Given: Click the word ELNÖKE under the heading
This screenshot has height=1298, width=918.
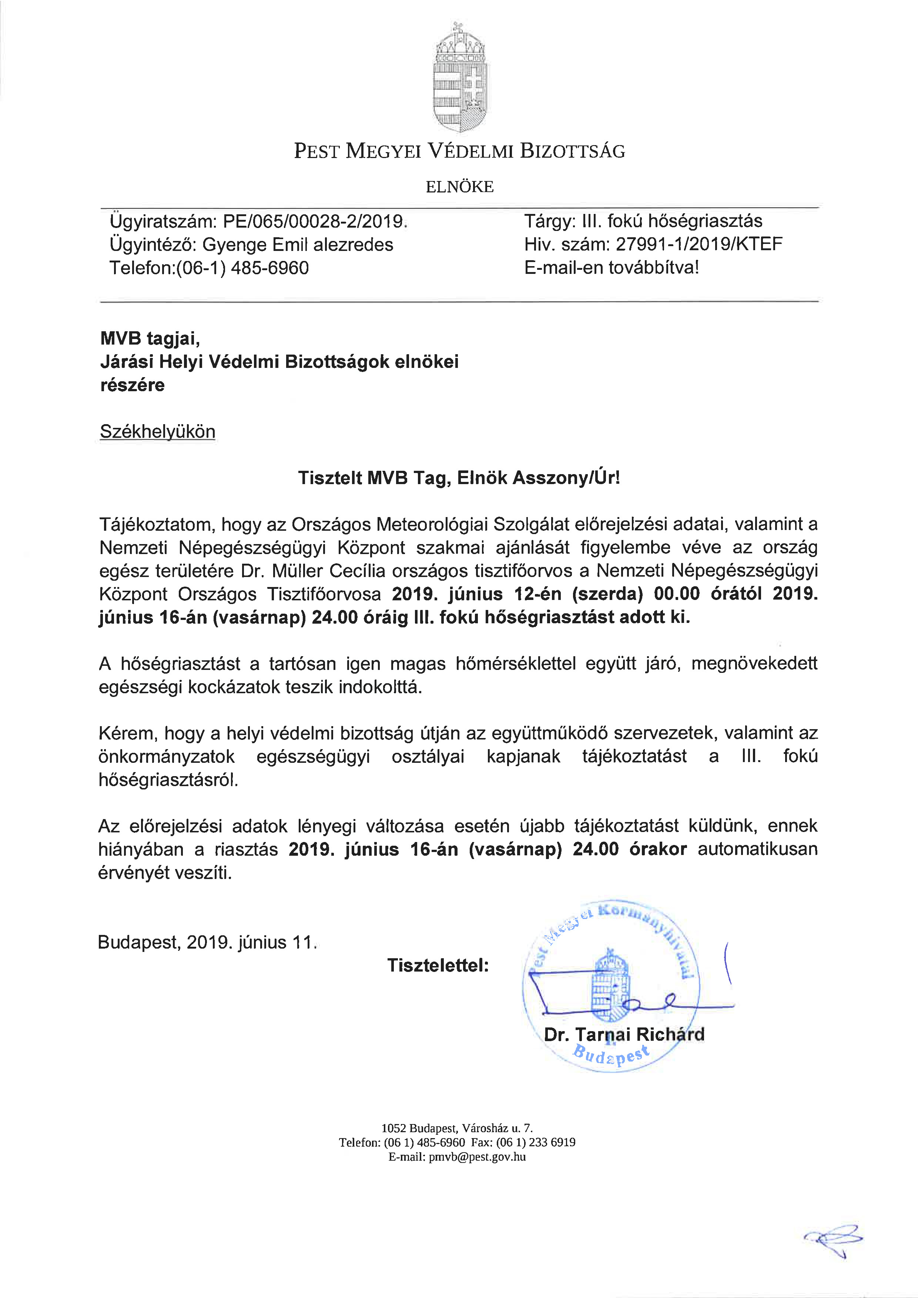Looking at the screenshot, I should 460,187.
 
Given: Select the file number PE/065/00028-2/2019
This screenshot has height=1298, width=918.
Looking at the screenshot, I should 314,221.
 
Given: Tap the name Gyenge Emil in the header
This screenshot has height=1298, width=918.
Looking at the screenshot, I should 255,245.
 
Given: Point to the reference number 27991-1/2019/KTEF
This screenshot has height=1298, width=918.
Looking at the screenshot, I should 698,244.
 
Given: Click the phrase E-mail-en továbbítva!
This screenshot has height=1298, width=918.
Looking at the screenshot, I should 611,267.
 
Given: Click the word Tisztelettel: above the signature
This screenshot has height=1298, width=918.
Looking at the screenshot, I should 438,965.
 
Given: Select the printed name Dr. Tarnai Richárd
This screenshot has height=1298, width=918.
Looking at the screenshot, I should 624,1034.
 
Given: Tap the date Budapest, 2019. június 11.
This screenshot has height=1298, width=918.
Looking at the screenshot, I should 207,942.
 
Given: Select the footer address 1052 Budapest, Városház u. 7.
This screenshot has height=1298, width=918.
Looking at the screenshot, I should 457,1128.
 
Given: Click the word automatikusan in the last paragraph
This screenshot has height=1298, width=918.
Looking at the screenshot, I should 757,849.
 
